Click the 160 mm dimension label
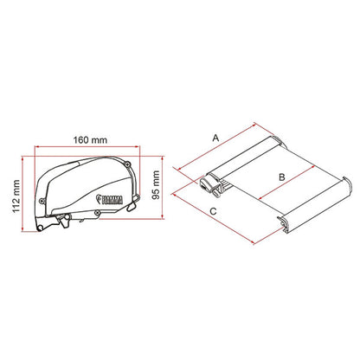tap(90, 140)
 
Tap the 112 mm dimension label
tap(16, 196)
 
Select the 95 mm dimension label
tap(156, 185)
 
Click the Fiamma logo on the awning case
tap(110, 199)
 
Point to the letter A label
tap(215, 138)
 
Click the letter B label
tap(282, 177)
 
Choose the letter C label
tap(213, 211)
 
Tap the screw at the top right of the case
tap(128, 164)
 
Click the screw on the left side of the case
tap(42, 201)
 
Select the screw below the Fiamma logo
tap(98, 213)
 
